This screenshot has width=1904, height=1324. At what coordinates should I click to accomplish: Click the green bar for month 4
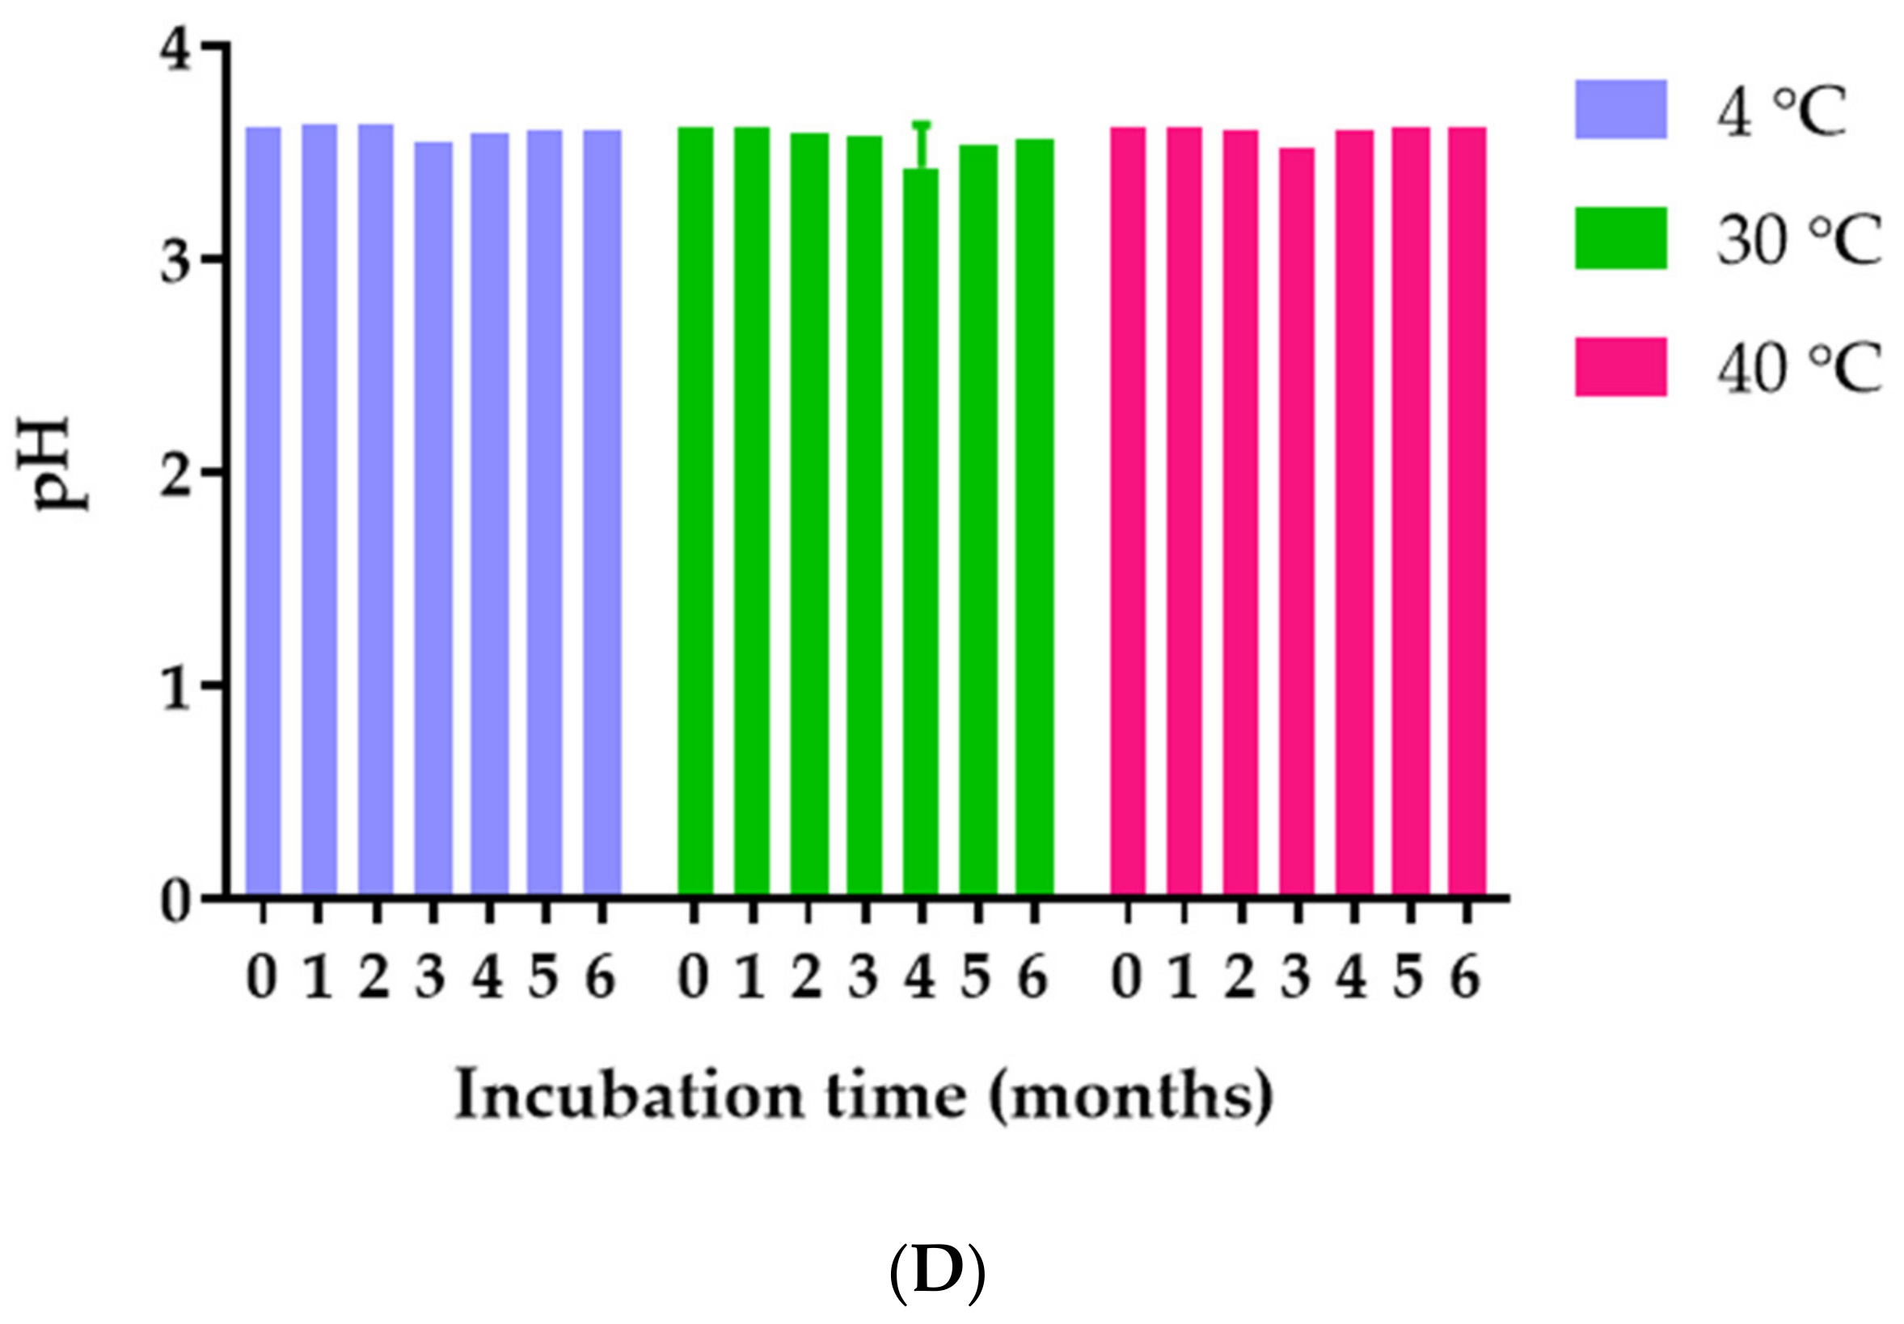coord(922,530)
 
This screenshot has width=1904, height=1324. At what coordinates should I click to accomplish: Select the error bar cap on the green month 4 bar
coord(922,124)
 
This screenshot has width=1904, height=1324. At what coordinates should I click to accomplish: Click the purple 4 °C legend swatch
coord(1620,109)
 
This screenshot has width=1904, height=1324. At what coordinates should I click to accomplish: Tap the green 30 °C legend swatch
coord(1620,238)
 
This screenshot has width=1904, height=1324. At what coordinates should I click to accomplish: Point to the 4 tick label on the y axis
coord(176,50)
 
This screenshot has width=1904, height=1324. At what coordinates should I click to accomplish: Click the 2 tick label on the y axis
coord(176,476)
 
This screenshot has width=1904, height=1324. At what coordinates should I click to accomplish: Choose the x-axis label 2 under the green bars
coord(807,978)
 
